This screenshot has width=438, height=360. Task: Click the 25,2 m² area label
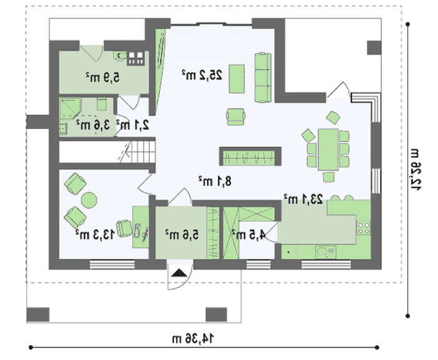pos(202,75)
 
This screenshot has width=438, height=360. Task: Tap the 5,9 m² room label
pos(103,77)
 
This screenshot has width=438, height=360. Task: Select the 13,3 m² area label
pos(95,234)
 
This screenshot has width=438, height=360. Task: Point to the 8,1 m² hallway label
pos(215,181)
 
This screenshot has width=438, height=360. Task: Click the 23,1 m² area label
pos(303,199)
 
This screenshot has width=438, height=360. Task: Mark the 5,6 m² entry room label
pos(182,234)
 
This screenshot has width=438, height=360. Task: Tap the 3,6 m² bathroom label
pos(93,125)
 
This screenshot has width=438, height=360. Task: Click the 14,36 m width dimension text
pos(193,339)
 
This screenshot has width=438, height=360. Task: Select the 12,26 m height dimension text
pos(415,170)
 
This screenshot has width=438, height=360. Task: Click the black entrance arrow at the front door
pos(179,273)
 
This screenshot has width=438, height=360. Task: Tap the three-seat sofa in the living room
pos(263,77)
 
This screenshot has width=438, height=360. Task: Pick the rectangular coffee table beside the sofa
pos(237,79)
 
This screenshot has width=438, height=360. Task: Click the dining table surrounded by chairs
pos(328,149)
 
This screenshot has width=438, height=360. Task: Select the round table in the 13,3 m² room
pos(89,200)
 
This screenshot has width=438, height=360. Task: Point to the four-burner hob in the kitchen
pos(364,227)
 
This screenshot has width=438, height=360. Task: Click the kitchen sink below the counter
pos(325,252)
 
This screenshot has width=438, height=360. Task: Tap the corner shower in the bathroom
pos(70,108)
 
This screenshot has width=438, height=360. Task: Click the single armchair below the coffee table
pos(235,116)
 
